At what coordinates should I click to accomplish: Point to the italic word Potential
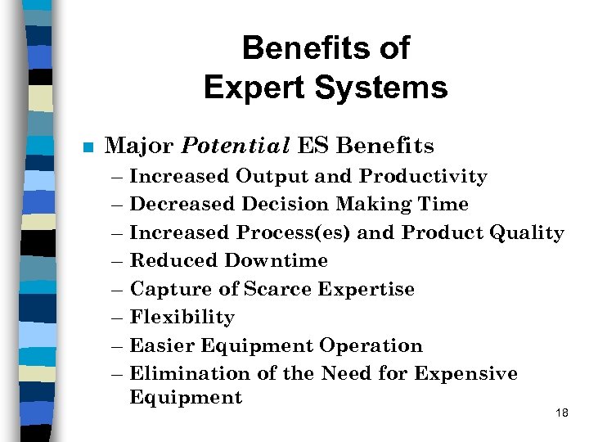pyautogui.click(x=236, y=147)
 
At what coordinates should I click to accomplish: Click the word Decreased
pyautogui.click(x=176, y=204)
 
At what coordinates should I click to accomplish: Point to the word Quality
pyautogui.click(x=526, y=232)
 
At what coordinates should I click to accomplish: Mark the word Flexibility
pyautogui.click(x=182, y=317)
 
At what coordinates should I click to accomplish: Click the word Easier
pyautogui.click(x=160, y=345)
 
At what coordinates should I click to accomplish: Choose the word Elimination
pyautogui.click(x=181, y=373)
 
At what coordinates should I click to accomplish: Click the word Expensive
pyautogui.click(x=465, y=373)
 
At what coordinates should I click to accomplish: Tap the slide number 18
pyautogui.click(x=561, y=413)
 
